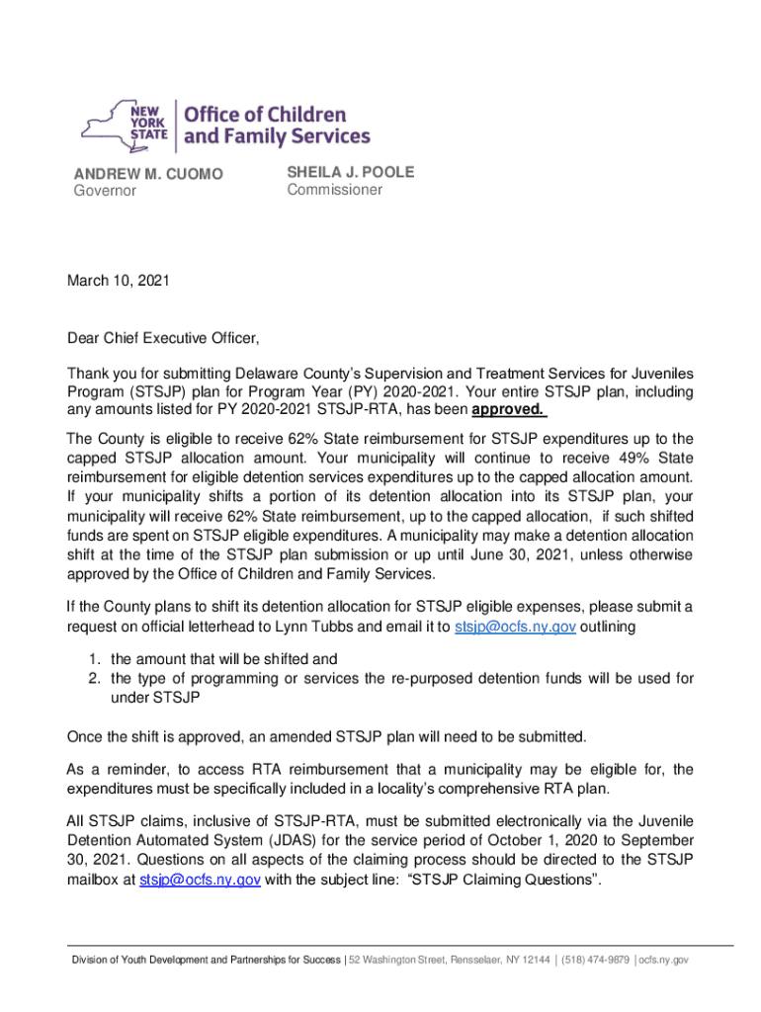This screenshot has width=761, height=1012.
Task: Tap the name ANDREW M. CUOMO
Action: pyautogui.click(x=148, y=175)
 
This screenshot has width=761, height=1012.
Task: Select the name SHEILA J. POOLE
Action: pyautogui.click(x=351, y=173)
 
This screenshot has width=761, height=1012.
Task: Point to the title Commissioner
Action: pyautogui.click(x=334, y=190)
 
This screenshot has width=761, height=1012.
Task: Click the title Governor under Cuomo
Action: pyautogui.click(x=106, y=192)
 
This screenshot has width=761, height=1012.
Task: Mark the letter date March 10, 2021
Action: pyautogui.click(x=119, y=282)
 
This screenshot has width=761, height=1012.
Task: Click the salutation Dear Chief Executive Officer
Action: pyautogui.click(x=163, y=340)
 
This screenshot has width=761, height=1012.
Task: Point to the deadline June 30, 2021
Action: pyautogui.click(x=537, y=555)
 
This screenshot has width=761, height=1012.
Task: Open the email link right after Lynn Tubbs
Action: pyautogui.click(x=515, y=627)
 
